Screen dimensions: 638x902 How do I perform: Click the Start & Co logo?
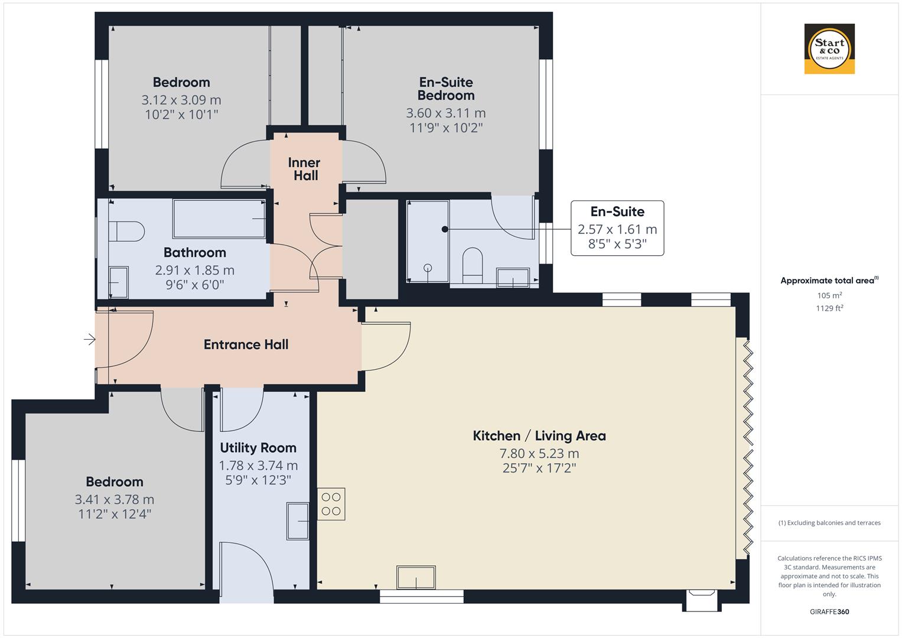[x=829, y=48]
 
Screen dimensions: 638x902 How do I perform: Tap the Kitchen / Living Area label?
[x=539, y=436]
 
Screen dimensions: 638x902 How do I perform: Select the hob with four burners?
[x=331, y=504]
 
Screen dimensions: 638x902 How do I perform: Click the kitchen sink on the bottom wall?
[x=416, y=577]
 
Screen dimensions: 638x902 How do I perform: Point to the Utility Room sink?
[x=298, y=520]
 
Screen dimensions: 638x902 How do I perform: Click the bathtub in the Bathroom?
[x=219, y=219]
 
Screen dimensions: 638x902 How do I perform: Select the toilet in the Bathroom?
[x=126, y=231]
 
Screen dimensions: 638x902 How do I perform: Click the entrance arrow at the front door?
[x=90, y=339]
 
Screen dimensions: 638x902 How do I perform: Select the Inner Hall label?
[x=304, y=169]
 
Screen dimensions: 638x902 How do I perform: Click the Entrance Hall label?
[x=246, y=344]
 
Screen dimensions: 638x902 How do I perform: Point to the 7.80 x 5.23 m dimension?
[x=539, y=454]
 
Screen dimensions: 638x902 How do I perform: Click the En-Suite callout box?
[x=617, y=228]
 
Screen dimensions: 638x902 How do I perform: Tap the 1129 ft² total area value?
[x=829, y=308]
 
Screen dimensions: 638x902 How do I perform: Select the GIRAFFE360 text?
[x=829, y=611]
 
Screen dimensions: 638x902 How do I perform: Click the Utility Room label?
[x=258, y=448]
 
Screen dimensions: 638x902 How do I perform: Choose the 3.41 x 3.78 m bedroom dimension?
[x=115, y=500]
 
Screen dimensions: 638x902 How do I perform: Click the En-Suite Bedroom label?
[x=446, y=89]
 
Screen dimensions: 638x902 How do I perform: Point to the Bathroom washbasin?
[x=119, y=282]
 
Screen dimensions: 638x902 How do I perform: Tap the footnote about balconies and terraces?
[x=829, y=523]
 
